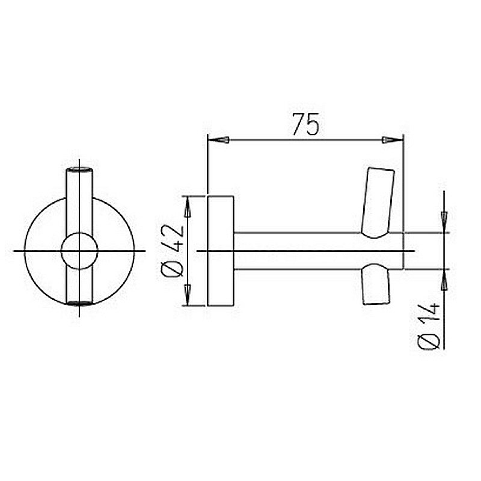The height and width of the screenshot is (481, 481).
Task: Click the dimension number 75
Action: coord(305,124)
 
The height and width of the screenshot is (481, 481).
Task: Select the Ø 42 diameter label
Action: coord(173,251)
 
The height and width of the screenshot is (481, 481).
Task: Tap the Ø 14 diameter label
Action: coord(429,326)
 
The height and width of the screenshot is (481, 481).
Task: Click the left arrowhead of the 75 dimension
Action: coord(218,140)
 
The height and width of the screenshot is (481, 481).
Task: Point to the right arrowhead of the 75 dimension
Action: coord(393,140)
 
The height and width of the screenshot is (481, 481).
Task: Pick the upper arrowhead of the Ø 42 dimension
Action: coord(188,207)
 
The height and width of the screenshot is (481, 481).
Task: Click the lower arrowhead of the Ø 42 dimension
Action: coord(188,295)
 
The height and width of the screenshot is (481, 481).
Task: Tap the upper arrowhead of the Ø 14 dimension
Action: coord(444,222)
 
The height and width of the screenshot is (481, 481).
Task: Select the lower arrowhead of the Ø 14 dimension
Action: coord(444,280)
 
